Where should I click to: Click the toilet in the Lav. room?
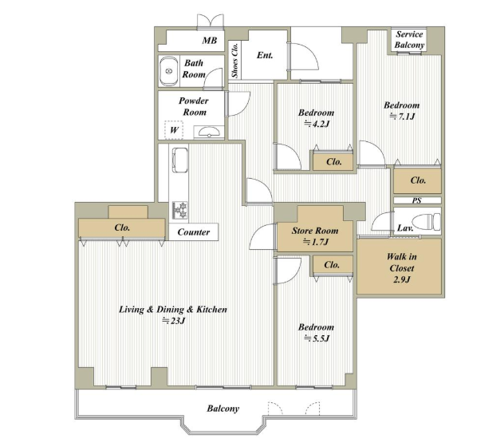click(x=426, y=222)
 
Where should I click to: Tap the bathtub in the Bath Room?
click(x=169, y=71)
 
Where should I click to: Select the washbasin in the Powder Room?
click(x=209, y=133)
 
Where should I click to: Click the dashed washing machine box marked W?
click(x=174, y=130)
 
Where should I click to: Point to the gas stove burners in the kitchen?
click(x=179, y=211)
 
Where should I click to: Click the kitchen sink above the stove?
click(x=179, y=160)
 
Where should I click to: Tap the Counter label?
click(x=194, y=232)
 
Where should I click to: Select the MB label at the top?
click(x=210, y=41)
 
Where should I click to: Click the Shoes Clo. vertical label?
click(x=235, y=61)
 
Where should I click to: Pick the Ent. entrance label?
click(x=265, y=55)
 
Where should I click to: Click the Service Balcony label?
click(x=410, y=40)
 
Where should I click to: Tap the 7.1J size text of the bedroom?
click(x=402, y=117)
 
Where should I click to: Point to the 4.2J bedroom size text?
click(x=317, y=124)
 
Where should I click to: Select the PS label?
click(x=417, y=200)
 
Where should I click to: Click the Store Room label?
click(x=315, y=231)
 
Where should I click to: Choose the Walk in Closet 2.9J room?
click(x=400, y=266)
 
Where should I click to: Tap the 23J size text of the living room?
click(x=174, y=321)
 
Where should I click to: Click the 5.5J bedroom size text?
click(x=317, y=338)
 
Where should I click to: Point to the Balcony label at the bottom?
click(x=223, y=409)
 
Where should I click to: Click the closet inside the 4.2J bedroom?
click(x=333, y=161)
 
